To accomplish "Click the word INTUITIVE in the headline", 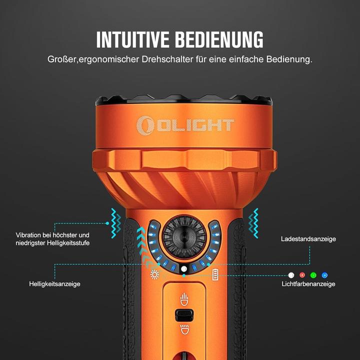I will coord(132,39).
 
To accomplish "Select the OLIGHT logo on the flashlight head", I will coord(185,124).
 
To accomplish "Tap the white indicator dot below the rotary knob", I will coord(184,269).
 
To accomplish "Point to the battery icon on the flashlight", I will coord(215,274).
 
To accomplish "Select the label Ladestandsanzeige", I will coord(308,239).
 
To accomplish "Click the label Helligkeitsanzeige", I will coord(54,284).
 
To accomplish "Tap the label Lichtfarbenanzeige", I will coord(308,284).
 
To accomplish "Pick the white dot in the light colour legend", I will coord(291,274).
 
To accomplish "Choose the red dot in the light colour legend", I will coord(302,274).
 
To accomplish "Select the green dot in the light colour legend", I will coord(313,274).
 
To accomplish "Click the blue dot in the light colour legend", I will coord(324,274).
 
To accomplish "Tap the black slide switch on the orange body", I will coord(184,315).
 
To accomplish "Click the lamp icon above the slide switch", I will coord(184,299).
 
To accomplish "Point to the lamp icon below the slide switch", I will coord(184,329).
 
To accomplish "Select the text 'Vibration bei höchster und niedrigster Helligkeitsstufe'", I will coord(52,239).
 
